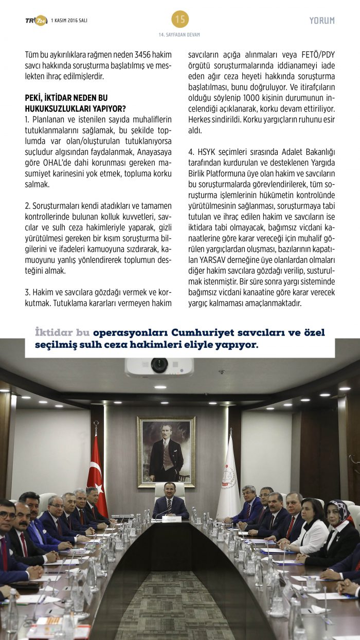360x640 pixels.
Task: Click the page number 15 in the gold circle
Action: (x=180, y=19)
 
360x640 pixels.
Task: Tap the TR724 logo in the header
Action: (x=36, y=20)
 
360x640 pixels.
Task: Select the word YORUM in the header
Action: (x=322, y=21)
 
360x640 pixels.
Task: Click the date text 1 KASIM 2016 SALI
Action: (x=69, y=20)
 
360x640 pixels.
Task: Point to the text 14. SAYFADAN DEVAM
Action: (x=179, y=34)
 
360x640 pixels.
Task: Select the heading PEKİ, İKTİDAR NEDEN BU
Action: (x=66, y=97)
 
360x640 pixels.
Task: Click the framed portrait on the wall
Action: (x=166, y=451)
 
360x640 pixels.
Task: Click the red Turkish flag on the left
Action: (x=96, y=473)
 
